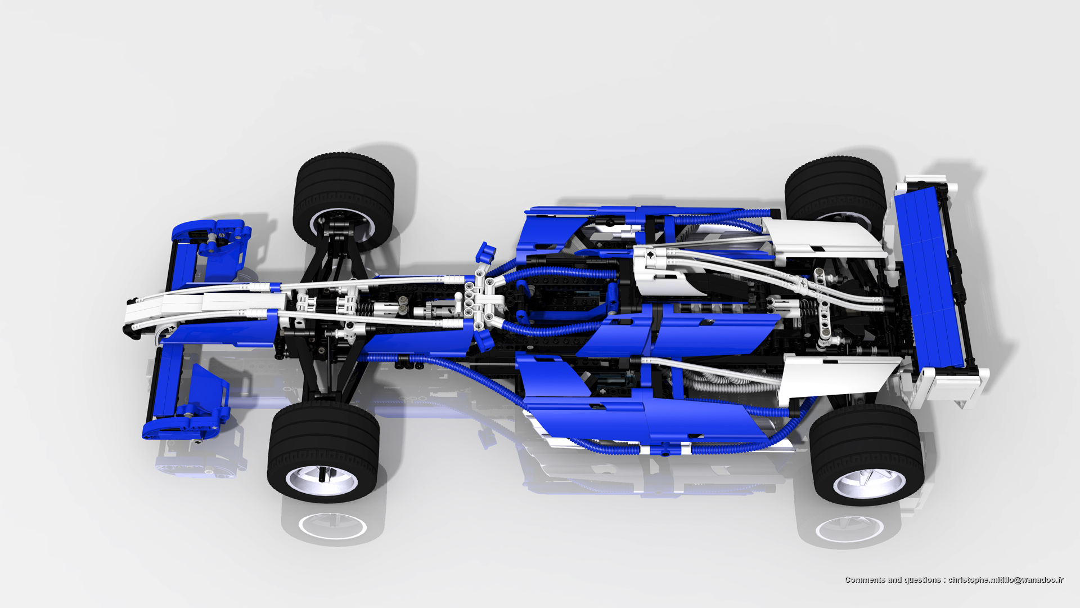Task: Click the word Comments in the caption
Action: (865, 580)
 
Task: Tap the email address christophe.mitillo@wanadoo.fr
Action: (1006, 580)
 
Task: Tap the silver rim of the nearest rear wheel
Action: (869, 481)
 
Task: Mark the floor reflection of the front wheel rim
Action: (333, 526)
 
